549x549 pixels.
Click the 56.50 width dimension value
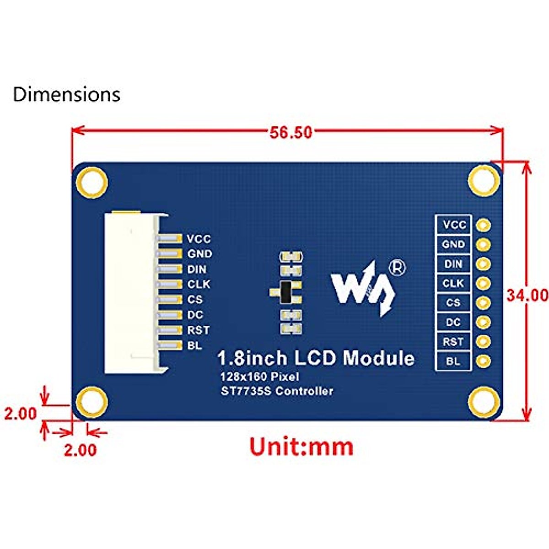point(291,132)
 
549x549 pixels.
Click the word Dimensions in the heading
point(67,94)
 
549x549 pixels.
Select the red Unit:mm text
point(301,446)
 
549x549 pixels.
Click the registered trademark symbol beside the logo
point(397,268)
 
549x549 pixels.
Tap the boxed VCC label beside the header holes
point(453,225)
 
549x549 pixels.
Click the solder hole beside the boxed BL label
point(483,361)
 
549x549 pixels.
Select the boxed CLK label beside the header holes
point(453,283)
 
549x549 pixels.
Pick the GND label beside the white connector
point(200,253)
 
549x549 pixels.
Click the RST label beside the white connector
point(199,330)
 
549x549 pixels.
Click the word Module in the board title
point(379,357)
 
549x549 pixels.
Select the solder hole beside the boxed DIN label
point(483,264)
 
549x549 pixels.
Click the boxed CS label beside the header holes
point(453,302)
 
